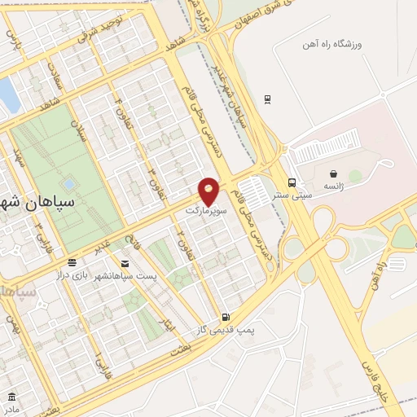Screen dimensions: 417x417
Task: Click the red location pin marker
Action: [x=209, y=191]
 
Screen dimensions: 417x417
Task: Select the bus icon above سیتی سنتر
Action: [x=292, y=183]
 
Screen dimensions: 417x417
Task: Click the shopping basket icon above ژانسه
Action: [x=333, y=174]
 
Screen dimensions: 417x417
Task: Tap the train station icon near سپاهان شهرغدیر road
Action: [x=267, y=99]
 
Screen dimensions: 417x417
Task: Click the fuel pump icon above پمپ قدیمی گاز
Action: [x=225, y=317]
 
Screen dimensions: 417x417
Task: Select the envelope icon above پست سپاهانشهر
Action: [x=125, y=264]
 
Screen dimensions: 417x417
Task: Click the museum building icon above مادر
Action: [x=11, y=396]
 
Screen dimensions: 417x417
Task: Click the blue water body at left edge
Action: [x=7, y=94]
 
